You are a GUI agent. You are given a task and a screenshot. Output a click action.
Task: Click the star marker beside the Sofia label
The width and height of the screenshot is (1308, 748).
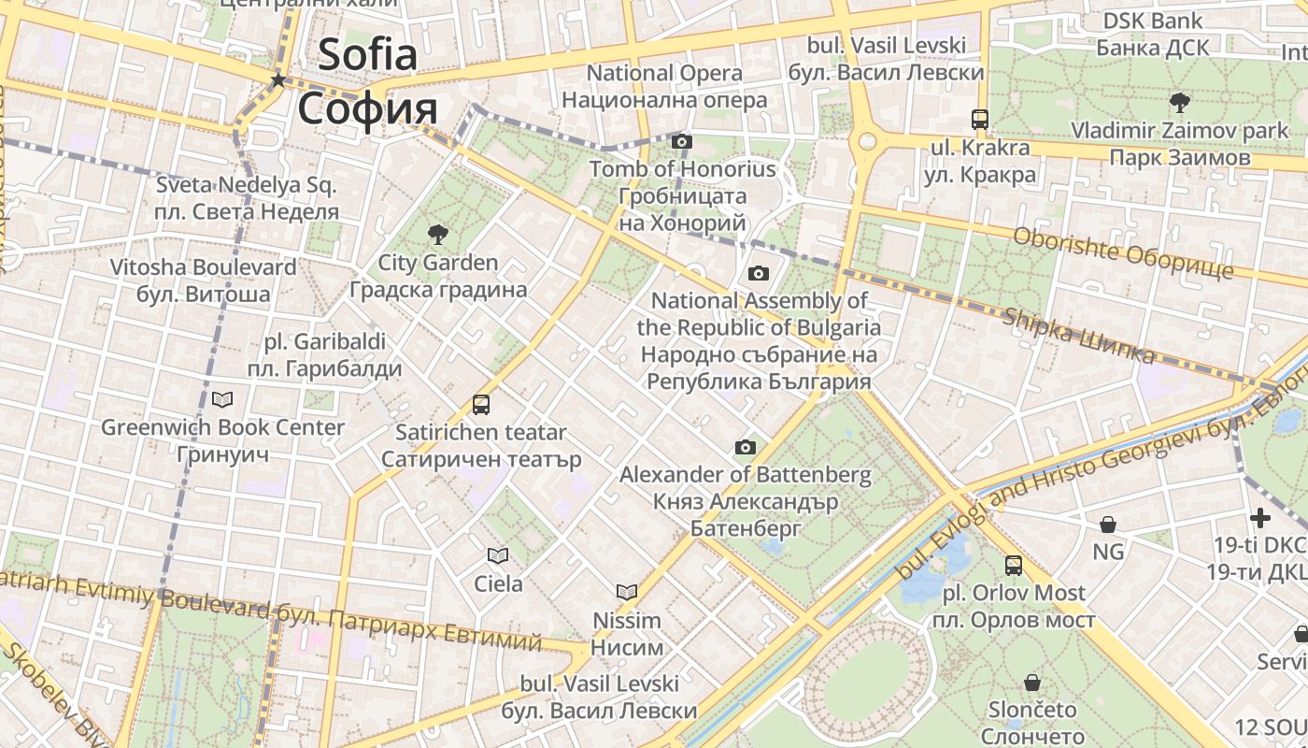(277, 80)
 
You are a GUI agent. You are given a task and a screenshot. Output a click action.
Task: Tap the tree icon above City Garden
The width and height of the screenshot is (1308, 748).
(437, 234)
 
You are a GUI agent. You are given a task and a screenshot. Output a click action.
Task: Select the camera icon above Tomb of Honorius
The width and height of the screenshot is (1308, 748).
(682, 141)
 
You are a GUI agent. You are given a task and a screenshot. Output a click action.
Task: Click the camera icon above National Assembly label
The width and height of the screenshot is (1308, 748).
(759, 273)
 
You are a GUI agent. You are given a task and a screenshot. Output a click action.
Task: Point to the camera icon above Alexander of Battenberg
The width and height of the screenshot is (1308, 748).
(745, 447)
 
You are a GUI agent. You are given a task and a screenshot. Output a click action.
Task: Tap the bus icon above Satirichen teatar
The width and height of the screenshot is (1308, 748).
(480, 405)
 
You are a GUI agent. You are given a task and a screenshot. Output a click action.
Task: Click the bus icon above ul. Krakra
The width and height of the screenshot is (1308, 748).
(979, 120)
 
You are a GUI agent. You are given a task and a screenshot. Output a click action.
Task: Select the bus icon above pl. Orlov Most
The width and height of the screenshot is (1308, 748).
(1014, 565)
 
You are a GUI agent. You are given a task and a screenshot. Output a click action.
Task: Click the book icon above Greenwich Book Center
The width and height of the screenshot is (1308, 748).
(222, 400)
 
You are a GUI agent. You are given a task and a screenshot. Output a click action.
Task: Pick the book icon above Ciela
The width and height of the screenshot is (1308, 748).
(498, 556)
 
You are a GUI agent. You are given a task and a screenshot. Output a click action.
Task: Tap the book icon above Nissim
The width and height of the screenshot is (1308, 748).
(627, 592)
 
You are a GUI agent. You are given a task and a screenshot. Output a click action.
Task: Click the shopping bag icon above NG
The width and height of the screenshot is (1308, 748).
(1107, 525)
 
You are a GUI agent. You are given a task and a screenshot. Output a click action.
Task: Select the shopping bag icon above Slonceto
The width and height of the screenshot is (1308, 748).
(1032, 683)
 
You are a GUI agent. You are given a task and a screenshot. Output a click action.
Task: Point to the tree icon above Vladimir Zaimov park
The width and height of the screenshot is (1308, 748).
(1179, 102)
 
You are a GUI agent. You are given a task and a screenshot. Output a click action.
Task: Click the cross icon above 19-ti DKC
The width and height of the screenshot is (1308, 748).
(1260, 517)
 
